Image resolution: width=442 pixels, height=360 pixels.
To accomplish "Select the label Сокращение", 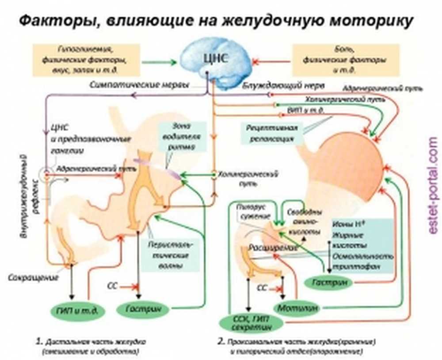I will coord(33,278).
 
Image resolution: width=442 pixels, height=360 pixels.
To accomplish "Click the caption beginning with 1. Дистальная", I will coord(91,346).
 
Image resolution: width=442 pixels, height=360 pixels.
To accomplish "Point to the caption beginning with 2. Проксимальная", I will coord(297,346).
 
